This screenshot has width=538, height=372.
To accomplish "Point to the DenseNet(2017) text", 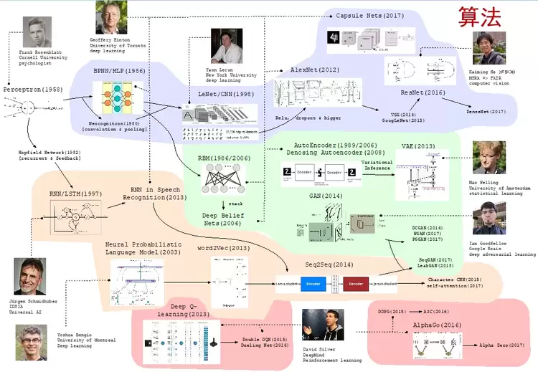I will pyautogui.click(x=486, y=111).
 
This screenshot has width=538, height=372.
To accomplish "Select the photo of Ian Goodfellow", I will pyautogui.click(x=489, y=218).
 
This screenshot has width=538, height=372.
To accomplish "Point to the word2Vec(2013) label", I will pyautogui.click(x=224, y=248).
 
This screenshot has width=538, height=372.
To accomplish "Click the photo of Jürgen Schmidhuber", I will pyautogui.click(x=29, y=276).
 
